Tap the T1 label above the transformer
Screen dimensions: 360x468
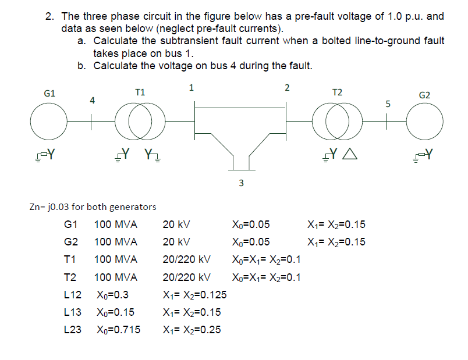[x=140, y=92]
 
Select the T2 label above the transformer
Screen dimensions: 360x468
[x=337, y=92]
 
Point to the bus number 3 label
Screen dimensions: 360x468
[x=242, y=184]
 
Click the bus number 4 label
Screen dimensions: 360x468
[x=92, y=101]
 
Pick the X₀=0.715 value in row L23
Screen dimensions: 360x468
[x=119, y=330]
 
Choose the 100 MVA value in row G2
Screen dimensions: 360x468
[x=116, y=242]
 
